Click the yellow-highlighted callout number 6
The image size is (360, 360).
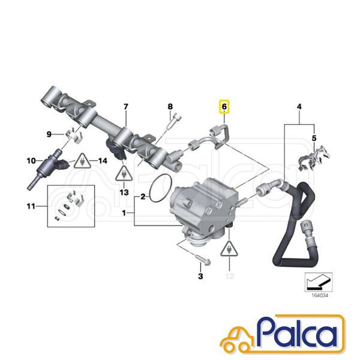224,107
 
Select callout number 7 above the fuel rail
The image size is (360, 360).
126,107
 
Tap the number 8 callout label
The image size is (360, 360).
170,107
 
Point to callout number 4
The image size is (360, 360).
299,107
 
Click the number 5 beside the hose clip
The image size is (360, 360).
314,138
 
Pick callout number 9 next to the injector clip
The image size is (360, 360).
49,134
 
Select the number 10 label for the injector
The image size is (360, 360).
31,161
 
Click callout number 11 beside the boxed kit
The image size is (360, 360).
31,206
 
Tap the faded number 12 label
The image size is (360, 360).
230,276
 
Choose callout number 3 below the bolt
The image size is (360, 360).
200,276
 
